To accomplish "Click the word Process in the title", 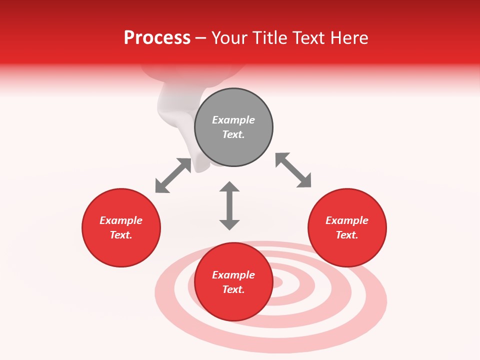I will pyautogui.click(x=157, y=38).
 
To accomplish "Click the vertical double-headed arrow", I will pyautogui.click(x=229, y=206).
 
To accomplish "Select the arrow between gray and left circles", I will pyautogui.click(x=173, y=175).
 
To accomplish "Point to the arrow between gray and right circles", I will pyautogui.click(x=293, y=170).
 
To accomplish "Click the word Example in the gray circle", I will pyautogui.click(x=233, y=120).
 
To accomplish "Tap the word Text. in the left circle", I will pyautogui.click(x=121, y=235).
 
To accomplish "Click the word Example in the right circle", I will pyautogui.click(x=347, y=220).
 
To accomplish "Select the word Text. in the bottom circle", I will pyautogui.click(x=233, y=289).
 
